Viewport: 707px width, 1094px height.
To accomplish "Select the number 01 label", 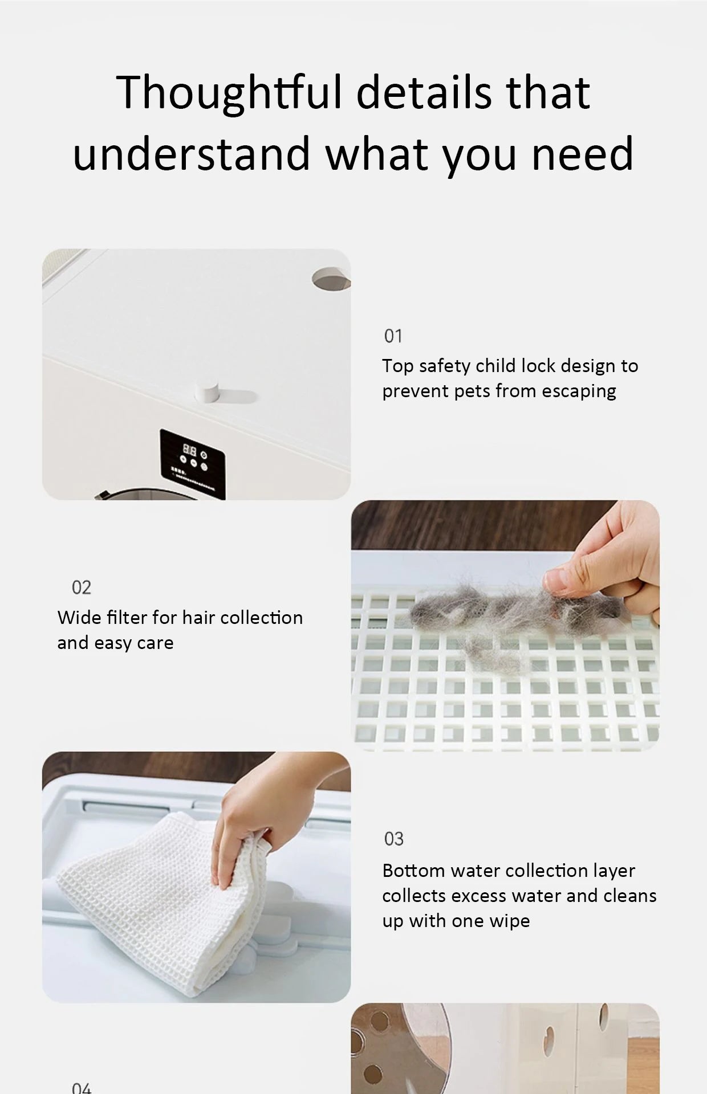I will tap(393, 336).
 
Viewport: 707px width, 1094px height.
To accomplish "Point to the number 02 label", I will tap(82, 587).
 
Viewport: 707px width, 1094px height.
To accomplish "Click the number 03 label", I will tap(394, 839).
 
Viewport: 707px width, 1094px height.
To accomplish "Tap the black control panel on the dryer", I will tap(192, 464).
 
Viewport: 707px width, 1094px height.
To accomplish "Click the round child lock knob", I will tap(206, 393).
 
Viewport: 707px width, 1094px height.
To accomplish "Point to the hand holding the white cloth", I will tap(251, 820).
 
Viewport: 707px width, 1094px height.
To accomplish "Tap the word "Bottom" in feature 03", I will tap(413, 871).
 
